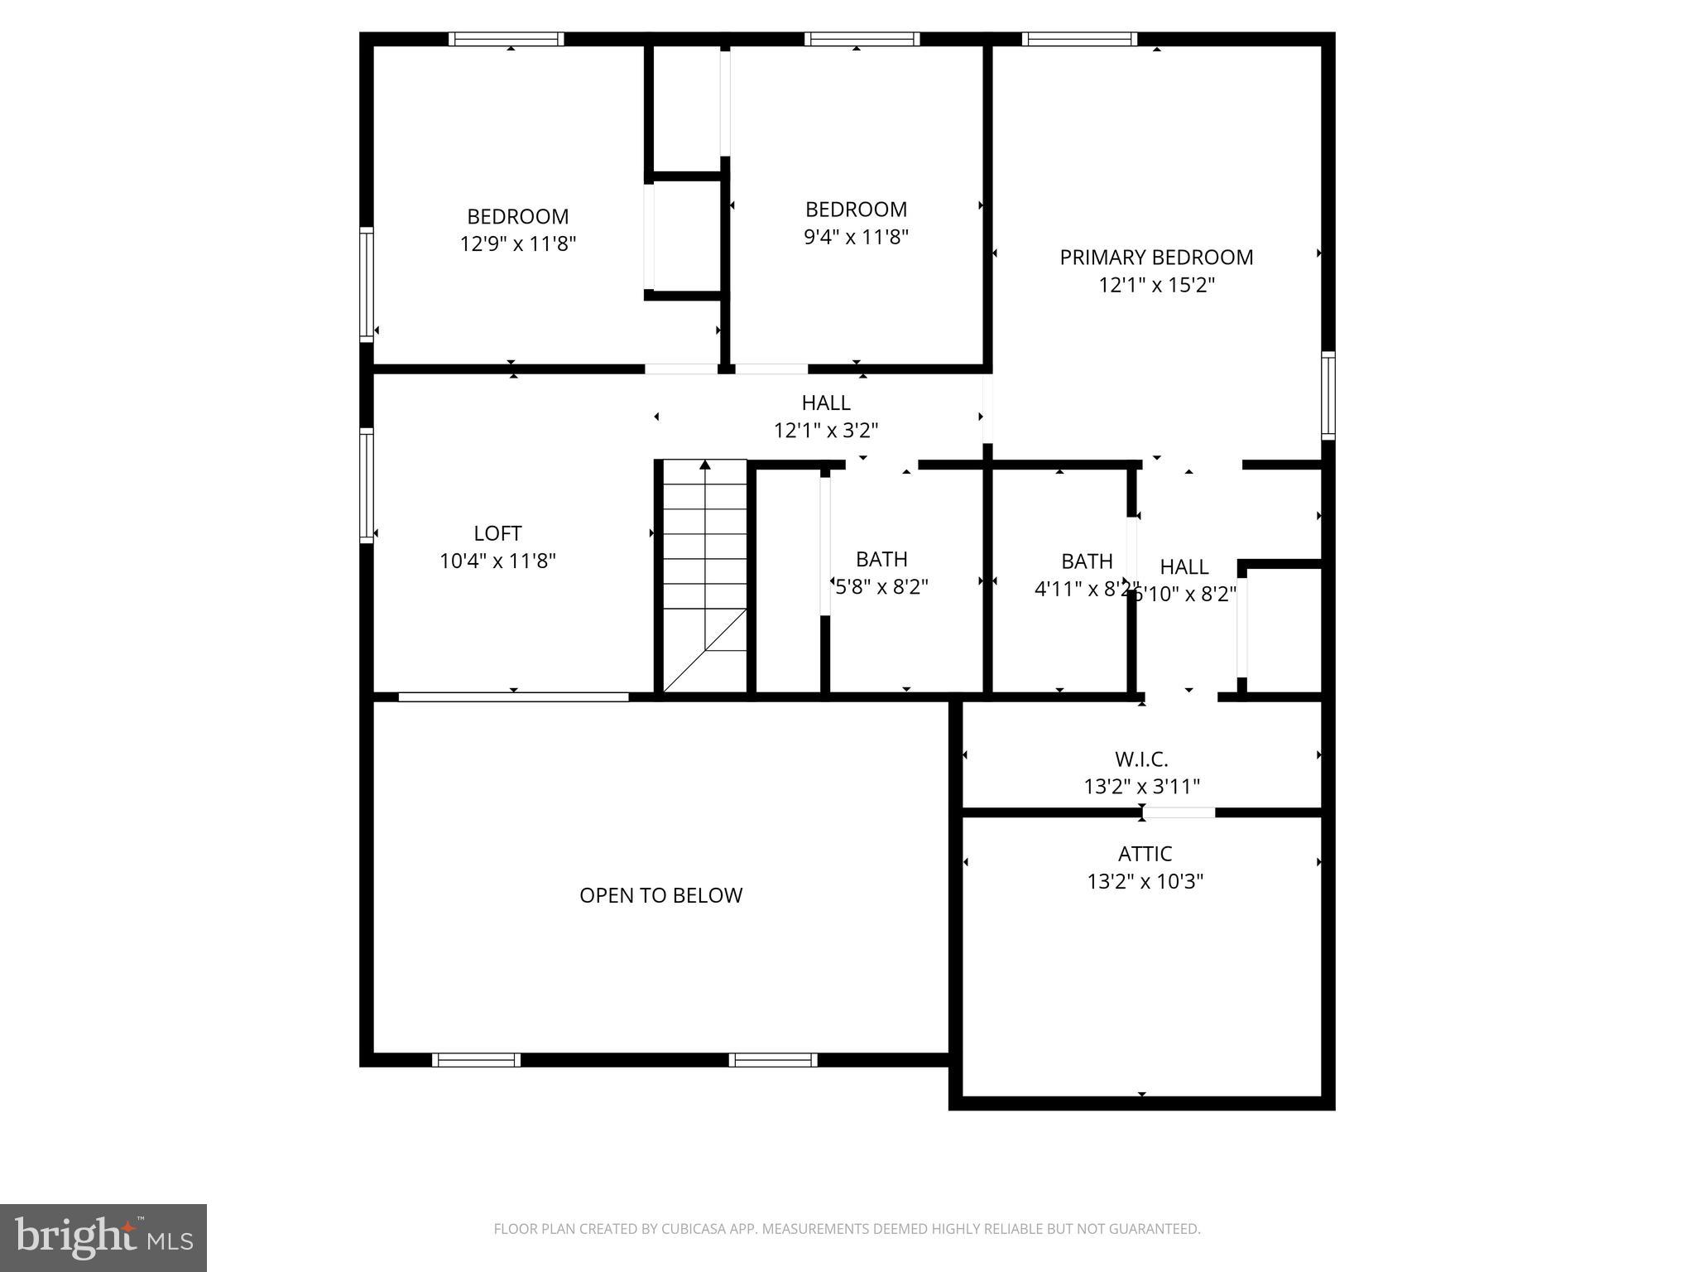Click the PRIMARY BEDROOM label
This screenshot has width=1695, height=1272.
1156,258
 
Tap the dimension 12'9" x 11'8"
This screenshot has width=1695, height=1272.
518,244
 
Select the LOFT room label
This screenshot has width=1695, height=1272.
497,533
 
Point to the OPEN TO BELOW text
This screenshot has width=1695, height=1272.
660,895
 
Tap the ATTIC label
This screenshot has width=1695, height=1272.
1145,854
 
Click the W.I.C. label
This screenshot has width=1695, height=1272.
1141,759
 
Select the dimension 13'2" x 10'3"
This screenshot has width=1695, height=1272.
1145,882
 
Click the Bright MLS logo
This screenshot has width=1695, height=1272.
103,1237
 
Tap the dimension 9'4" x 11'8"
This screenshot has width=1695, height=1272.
856,238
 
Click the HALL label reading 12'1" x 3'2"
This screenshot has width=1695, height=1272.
825,403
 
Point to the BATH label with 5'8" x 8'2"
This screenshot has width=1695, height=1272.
881,559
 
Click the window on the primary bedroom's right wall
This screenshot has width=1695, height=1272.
1328,395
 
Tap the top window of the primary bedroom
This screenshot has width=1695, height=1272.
1079,39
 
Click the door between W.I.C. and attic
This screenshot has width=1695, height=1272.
1179,812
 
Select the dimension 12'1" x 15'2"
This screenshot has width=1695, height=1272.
1156,286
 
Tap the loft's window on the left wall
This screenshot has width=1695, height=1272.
366,485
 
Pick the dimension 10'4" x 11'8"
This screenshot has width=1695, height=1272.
497,561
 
